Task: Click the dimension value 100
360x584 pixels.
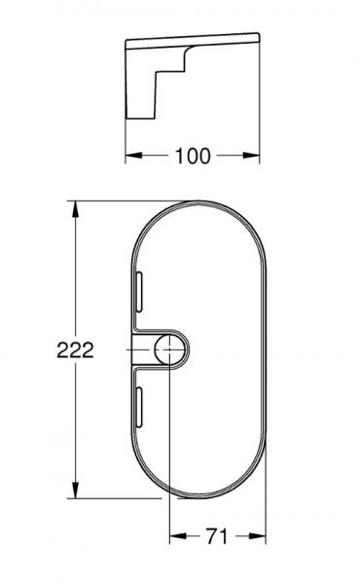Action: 194,156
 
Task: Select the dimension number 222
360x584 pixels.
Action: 75,351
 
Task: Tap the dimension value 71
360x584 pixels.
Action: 217,535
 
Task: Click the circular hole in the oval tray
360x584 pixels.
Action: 170,350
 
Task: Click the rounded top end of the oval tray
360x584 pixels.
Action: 196,205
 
